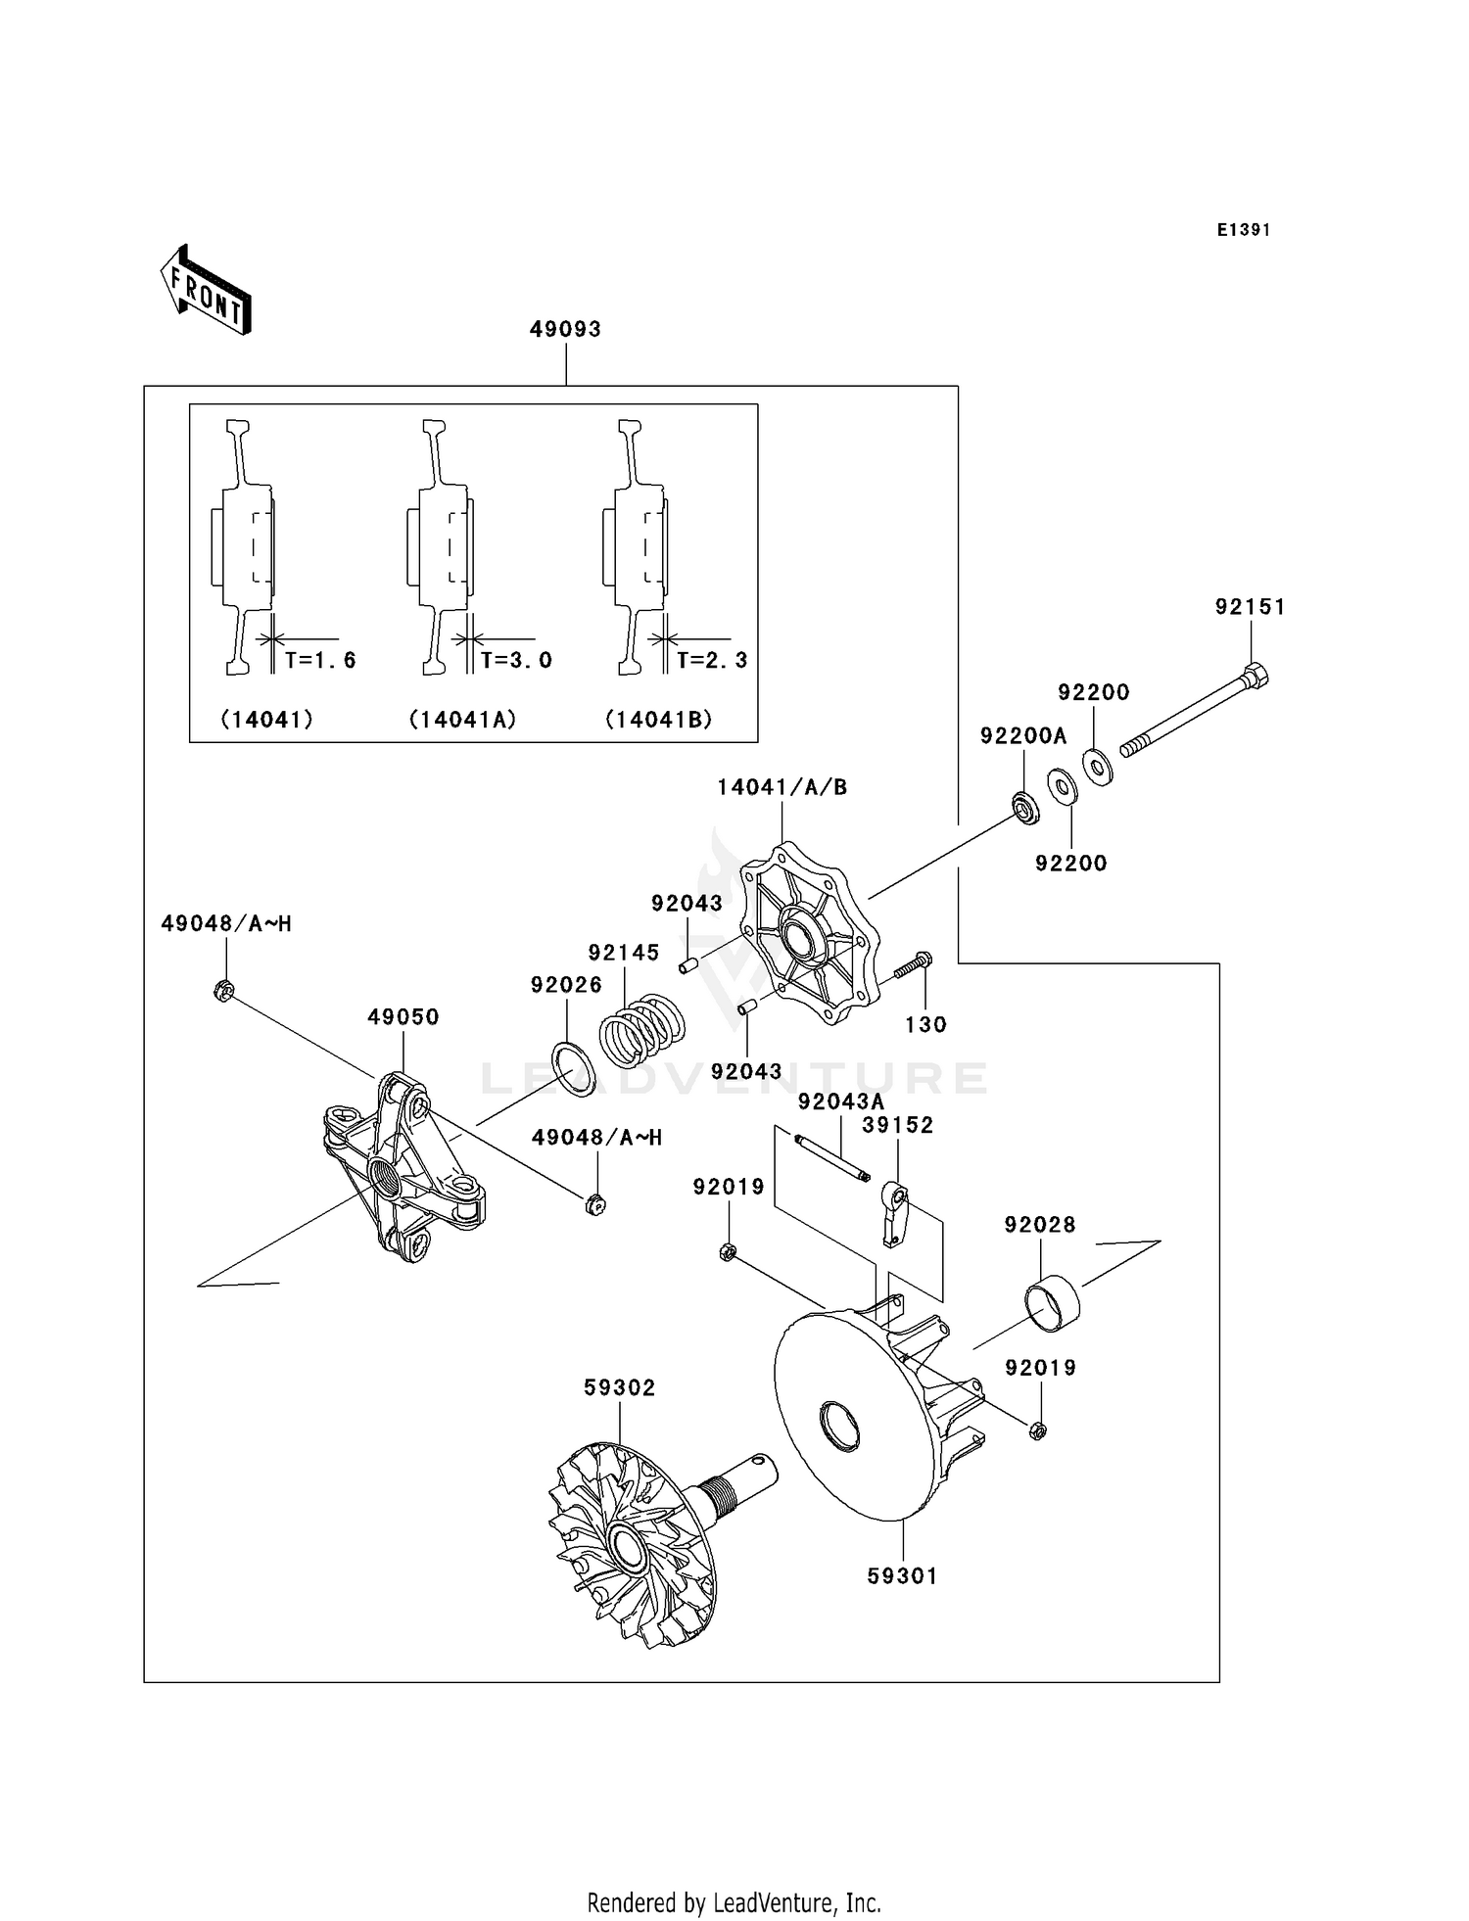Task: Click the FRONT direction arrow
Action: (207, 292)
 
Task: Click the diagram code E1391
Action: (1243, 230)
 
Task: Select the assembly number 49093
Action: (565, 329)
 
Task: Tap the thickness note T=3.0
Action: (516, 660)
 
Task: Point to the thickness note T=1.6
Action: (320, 660)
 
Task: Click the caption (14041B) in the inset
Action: (658, 720)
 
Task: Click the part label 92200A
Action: (1023, 735)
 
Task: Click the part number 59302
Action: (619, 1387)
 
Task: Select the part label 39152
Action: (897, 1125)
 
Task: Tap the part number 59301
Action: (902, 1575)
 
